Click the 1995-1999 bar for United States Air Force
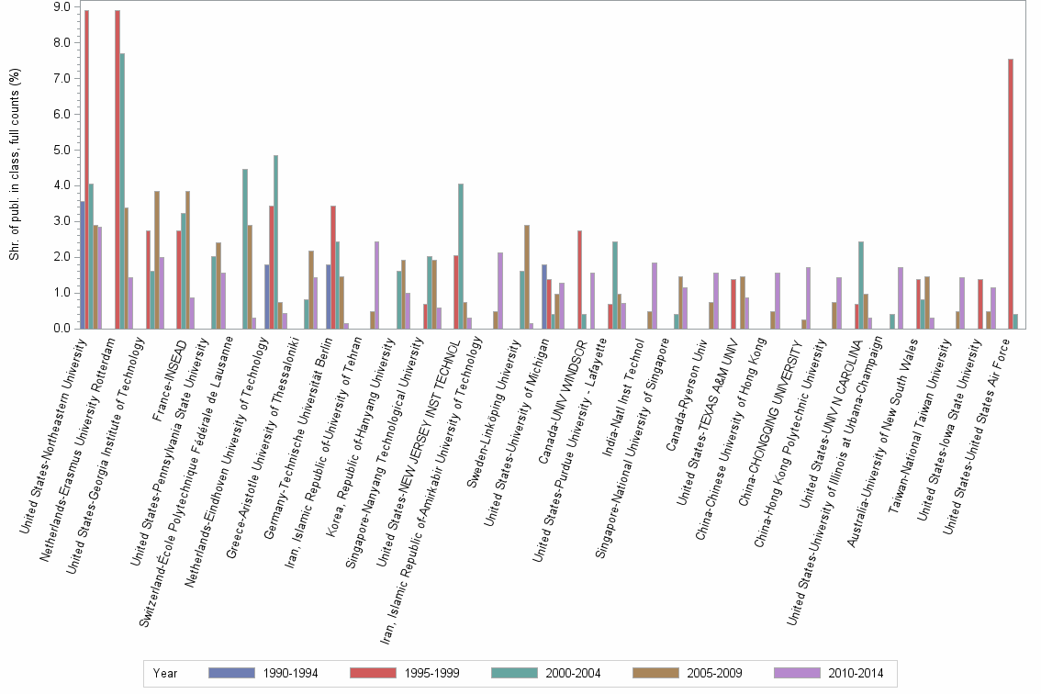tap(1011, 194)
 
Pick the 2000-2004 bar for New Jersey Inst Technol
tap(461, 256)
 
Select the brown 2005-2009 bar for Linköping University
tap(527, 276)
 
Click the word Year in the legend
tap(165, 673)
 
